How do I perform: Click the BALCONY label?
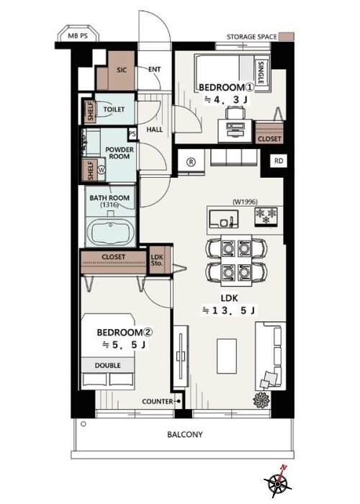click(x=185, y=435)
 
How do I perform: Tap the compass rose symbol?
click(x=277, y=481)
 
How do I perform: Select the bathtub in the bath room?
click(x=110, y=231)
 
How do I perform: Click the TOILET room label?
click(x=114, y=109)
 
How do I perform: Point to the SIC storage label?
click(x=122, y=70)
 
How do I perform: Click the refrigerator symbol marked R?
click(x=191, y=162)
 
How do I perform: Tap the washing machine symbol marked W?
click(x=102, y=169)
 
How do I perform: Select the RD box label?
click(x=279, y=161)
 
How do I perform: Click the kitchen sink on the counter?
click(x=223, y=219)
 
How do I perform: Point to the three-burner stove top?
click(x=266, y=217)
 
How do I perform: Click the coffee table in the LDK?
click(x=227, y=356)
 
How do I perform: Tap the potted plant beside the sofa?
click(x=261, y=400)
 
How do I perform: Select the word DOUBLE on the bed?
click(x=108, y=366)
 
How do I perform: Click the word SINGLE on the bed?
click(x=261, y=73)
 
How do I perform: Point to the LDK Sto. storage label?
click(x=157, y=260)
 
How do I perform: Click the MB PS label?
click(x=78, y=36)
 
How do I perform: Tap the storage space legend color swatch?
click(x=286, y=37)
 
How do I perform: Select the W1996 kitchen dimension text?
click(x=245, y=202)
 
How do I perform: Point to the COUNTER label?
click(x=158, y=402)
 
